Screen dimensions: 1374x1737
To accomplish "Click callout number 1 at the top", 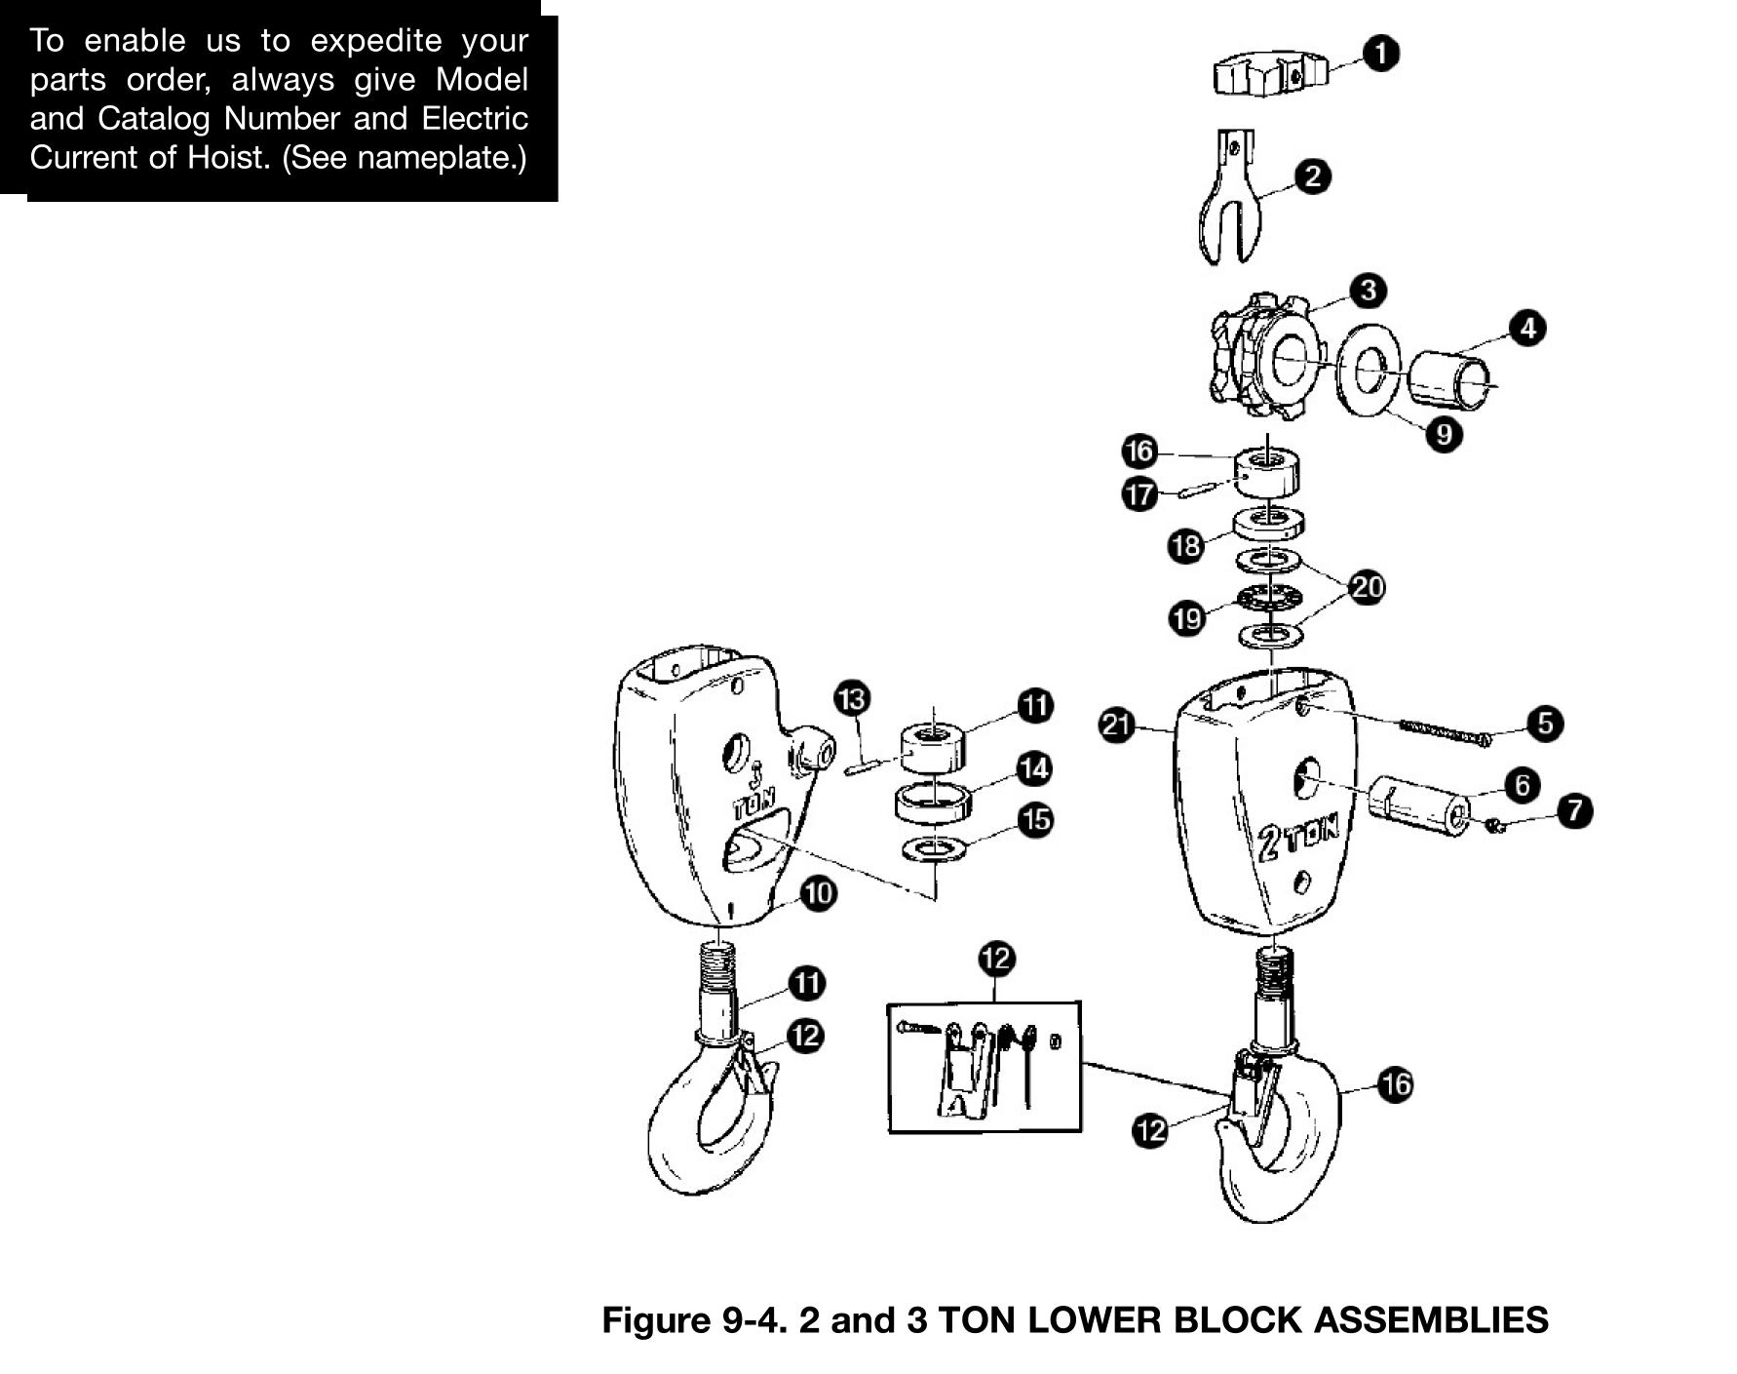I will pos(1381,53).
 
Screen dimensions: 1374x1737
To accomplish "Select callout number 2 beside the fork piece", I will pos(1313,177).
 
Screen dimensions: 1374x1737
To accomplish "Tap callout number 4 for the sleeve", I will pos(1527,328).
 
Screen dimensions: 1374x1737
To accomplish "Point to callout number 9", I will pos(1444,433).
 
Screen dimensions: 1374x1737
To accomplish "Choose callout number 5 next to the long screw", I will pos(1546,724).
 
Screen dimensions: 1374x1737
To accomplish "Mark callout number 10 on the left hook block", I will pos(819,893).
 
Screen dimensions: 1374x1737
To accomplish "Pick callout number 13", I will pos(852,698).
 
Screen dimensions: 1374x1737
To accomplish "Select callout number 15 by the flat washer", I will pos(1035,820).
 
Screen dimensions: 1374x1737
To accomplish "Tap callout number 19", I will pos(1187,618).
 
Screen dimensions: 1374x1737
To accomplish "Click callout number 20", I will pos(1368,587).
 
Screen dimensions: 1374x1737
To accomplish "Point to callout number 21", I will pos(1117,725).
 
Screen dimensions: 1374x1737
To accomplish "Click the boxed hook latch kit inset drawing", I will pos(984,1067).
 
